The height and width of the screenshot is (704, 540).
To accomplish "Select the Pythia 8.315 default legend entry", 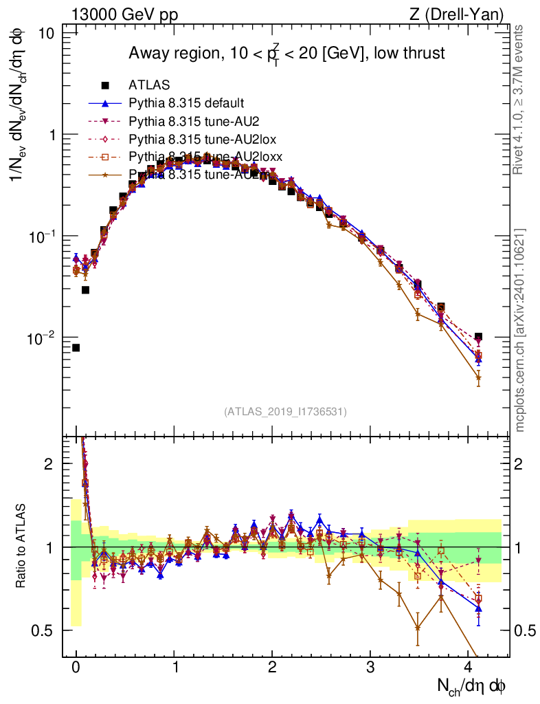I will (185, 104).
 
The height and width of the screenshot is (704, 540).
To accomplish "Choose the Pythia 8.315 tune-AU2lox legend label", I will (192, 140).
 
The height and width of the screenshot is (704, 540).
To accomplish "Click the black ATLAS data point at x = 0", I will (76, 348).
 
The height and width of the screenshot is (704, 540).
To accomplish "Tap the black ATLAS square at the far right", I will (478, 337).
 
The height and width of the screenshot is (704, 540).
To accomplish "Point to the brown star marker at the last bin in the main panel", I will (478, 377).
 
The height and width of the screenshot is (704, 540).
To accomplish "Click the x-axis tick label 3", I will (371, 667).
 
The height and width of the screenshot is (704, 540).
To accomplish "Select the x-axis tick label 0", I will (76, 667).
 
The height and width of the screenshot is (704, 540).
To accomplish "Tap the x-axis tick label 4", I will (469, 667).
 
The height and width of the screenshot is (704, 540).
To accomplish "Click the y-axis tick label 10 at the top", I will (47, 33).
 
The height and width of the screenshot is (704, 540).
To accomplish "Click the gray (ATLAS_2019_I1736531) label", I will (285, 411).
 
